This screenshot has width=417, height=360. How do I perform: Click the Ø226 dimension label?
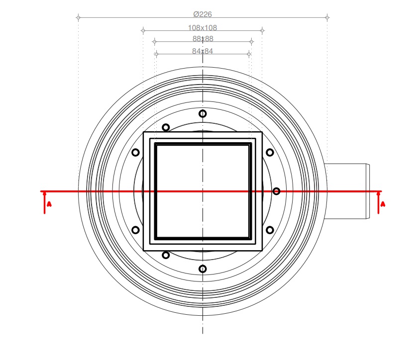[203, 14]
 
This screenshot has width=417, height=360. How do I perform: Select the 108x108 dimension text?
[203, 28]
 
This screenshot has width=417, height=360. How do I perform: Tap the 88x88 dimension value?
[203, 39]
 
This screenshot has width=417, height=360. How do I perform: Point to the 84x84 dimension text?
[203, 51]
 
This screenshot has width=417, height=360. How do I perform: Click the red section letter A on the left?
[48, 204]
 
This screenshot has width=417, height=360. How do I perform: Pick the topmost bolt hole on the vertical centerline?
[203, 114]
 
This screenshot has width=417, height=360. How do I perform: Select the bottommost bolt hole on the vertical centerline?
[203, 269]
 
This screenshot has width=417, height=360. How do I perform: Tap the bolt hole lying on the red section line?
[276, 191]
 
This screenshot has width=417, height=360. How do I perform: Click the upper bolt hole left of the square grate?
[135, 153]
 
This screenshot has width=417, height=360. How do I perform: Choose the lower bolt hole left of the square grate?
[135, 230]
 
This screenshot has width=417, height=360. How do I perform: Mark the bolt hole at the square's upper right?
[270, 153]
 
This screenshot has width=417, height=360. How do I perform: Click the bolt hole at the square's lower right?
[270, 230]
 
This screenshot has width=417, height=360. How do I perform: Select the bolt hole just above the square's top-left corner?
[166, 128]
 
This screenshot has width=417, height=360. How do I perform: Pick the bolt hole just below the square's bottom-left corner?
[166, 255]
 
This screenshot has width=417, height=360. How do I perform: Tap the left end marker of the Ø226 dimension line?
[78, 18]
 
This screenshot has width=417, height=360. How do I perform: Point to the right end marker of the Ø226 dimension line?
[327, 18]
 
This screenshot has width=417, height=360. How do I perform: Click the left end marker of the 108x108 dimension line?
[143, 31]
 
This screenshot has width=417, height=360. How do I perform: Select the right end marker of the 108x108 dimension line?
[262, 31]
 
